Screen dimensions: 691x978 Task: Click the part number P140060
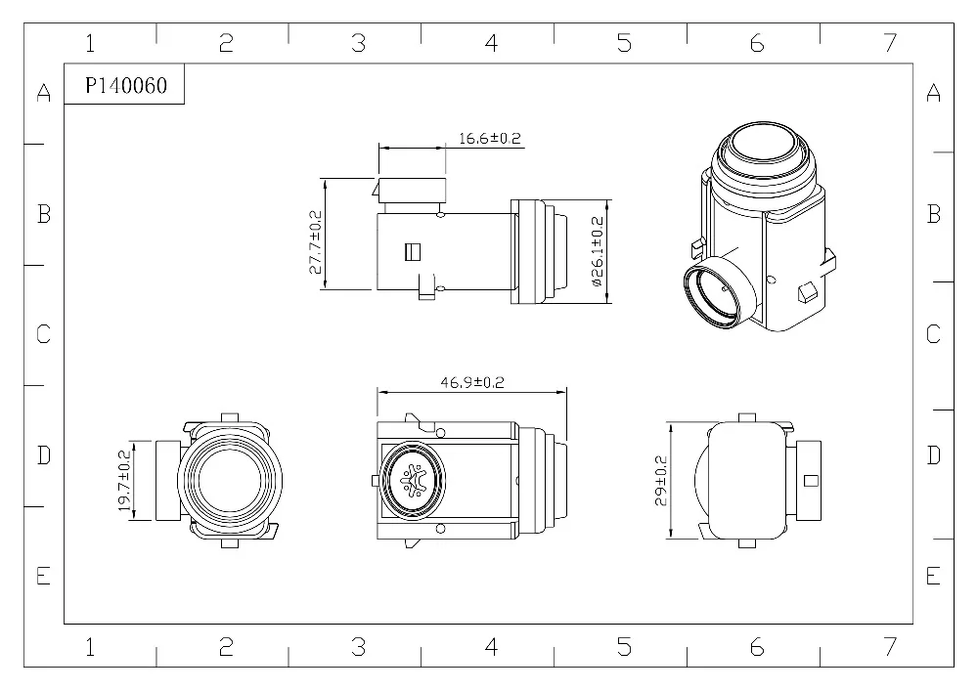(x=125, y=86)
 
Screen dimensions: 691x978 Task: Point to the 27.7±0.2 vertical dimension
(x=316, y=241)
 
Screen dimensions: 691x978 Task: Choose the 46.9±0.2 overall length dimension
(x=471, y=383)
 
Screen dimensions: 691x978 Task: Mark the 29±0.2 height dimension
(x=661, y=480)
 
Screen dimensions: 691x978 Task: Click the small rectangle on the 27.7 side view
(x=412, y=252)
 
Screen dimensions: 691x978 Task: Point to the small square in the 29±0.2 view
(x=810, y=479)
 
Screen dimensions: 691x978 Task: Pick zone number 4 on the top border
(x=491, y=43)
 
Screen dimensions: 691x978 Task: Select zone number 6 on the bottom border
(x=756, y=646)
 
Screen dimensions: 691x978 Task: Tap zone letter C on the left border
(x=43, y=334)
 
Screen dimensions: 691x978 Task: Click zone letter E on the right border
(x=933, y=576)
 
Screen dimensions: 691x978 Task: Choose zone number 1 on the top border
(x=90, y=43)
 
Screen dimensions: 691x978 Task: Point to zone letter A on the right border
(x=933, y=93)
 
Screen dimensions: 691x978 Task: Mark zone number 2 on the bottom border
(x=226, y=646)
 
